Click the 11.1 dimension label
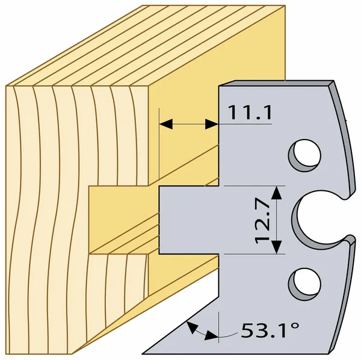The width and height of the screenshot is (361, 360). coord(250,113)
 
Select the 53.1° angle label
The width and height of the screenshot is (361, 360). coord(270,330)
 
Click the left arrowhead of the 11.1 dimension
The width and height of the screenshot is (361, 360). coord(166,124)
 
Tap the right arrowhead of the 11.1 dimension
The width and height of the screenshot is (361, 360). coord(212,124)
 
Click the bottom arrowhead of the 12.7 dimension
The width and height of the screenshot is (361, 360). coord(277,247)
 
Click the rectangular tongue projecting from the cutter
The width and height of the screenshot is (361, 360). coord(189,220)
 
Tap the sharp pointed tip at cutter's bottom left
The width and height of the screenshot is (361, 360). coord(143,353)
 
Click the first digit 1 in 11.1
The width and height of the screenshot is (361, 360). coord(233,113)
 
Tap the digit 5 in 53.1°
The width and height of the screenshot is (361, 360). coord(247,330)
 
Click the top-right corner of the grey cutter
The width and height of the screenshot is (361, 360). coord(333,81)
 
